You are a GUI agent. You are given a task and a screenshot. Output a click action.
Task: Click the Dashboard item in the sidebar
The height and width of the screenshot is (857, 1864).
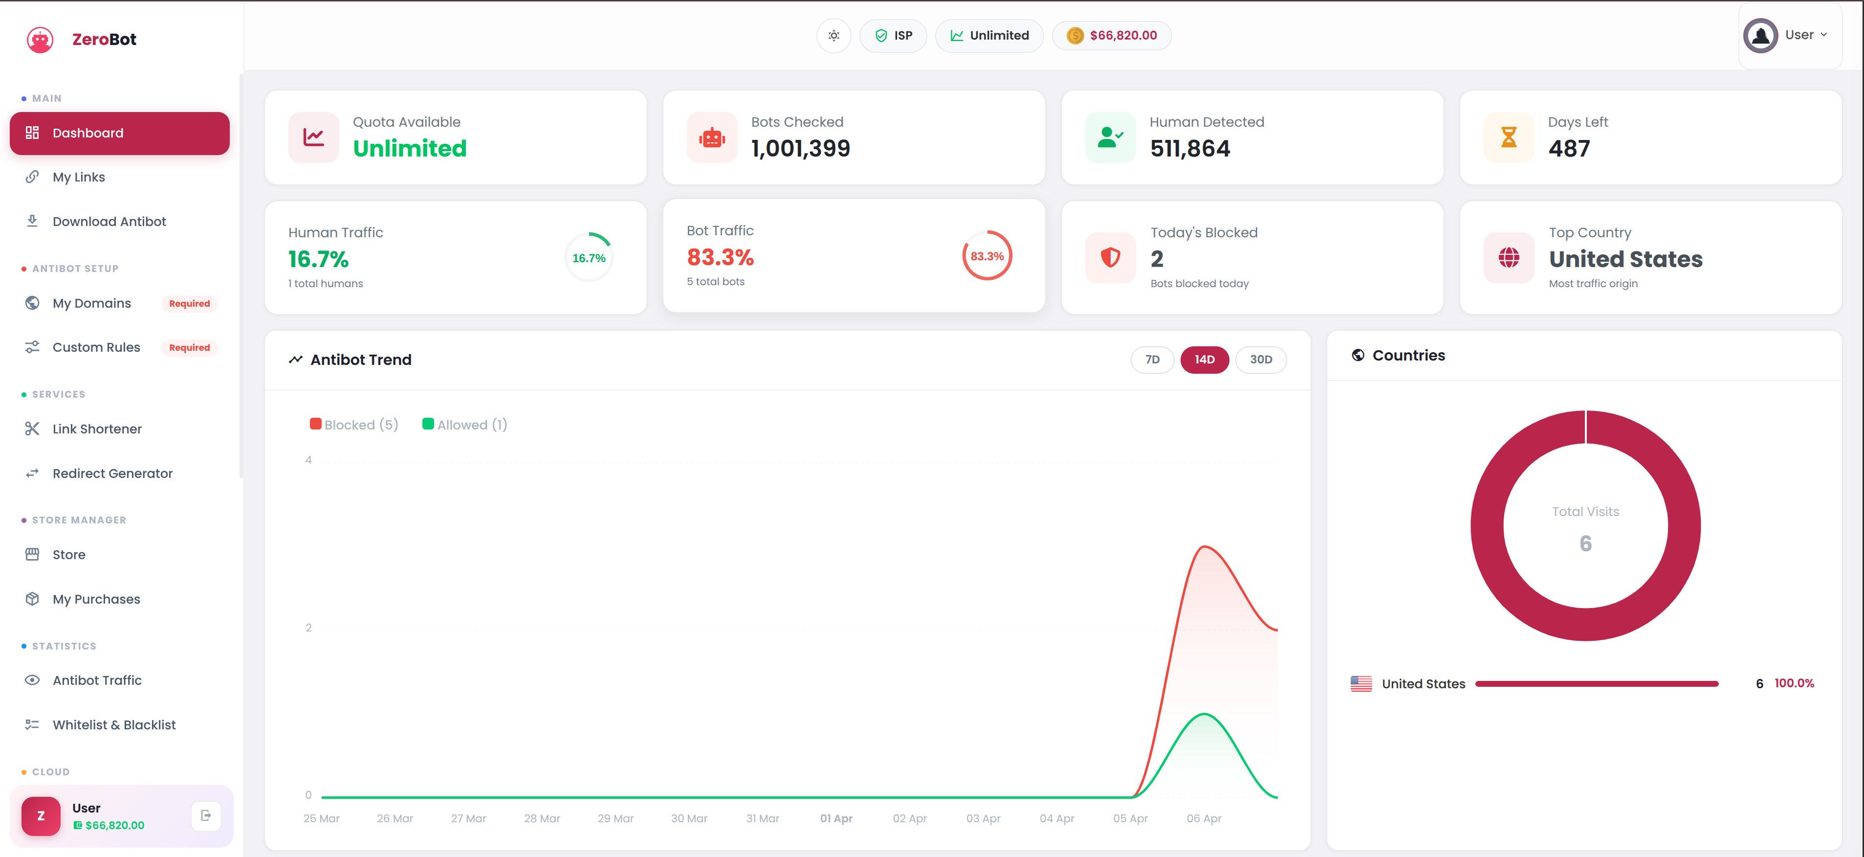tap(119, 133)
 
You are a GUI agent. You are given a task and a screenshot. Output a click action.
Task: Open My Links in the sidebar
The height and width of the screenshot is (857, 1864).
tap(78, 178)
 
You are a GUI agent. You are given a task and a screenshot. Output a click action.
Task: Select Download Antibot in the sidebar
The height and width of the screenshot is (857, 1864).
tap(109, 222)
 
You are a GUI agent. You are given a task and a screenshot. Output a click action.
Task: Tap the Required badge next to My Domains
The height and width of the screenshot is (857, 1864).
tap(189, 304)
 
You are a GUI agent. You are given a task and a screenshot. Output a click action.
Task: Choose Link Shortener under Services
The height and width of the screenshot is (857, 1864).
tap(96, 429)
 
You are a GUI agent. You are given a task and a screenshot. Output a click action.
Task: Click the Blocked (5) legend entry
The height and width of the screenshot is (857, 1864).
tap(354, 425)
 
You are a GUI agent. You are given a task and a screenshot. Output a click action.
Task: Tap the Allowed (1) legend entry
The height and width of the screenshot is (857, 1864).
tap(464, 425)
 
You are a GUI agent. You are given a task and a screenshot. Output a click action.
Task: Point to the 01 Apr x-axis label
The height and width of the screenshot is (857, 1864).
tap(836, 819)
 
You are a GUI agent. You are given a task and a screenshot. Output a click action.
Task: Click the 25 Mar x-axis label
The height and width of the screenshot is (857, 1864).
tap(321, 819)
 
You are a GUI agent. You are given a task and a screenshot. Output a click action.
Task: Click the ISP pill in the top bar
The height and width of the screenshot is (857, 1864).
tap(893, 36)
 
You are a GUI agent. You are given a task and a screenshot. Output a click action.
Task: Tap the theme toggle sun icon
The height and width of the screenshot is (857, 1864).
tap(833, 36)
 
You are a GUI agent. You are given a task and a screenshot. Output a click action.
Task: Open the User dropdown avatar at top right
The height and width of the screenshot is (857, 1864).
tap(1760, 36)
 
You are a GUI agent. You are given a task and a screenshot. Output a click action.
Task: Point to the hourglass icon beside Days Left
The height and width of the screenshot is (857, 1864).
tap(1508, 137)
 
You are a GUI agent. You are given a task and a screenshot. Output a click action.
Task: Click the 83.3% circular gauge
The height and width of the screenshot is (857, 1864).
tap(987, 256)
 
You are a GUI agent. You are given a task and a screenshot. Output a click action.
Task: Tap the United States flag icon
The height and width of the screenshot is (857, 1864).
tap(1360, 684)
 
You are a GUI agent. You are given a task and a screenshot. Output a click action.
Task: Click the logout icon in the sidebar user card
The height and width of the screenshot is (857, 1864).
tap(205, 816)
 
